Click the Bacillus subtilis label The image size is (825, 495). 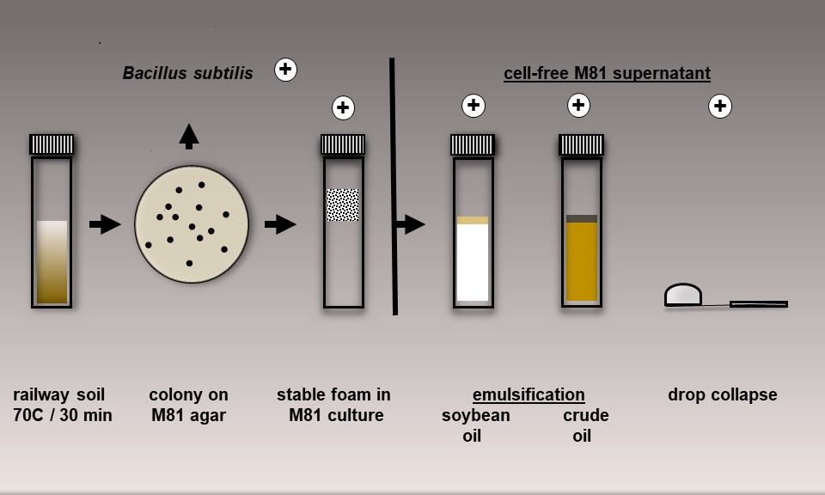pos(187,73)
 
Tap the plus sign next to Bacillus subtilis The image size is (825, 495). pos(285,70)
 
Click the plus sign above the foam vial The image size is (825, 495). pos(343,107)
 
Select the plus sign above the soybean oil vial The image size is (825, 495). pos(474,106)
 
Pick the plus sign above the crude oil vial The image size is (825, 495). pos(578,106)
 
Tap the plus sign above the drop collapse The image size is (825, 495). pos(719,107)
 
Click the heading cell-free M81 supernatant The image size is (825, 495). pos(607,73)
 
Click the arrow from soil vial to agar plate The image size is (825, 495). pos(105,224)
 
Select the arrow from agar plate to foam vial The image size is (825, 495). pos(280,224)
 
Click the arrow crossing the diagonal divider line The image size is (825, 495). pos(410,224)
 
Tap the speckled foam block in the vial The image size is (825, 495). pos(343,205)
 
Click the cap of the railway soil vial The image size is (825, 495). pos(52,144)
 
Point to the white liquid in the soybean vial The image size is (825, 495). pos(473,262)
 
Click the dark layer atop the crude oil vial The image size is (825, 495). pos(582,219)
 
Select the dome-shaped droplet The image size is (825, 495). pos(683,295)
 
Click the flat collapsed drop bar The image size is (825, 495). pos(758,303)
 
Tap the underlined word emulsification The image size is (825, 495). pos(529,395)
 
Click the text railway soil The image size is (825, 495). pos(58,395)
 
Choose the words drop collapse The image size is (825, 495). pos(722,395)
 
